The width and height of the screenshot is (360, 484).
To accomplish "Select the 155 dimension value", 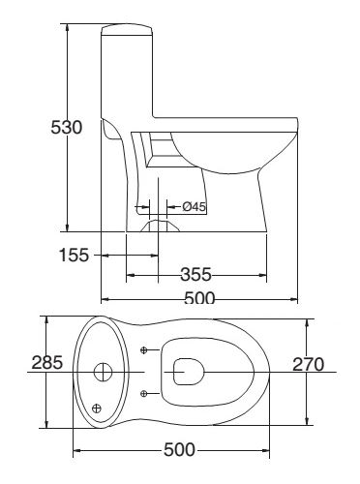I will [x=73, y=255].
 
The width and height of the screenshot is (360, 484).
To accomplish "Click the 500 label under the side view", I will [x=199, y=298].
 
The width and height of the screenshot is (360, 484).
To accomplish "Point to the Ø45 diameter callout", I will [x=194, y=206].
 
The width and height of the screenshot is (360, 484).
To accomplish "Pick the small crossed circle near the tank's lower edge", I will [x=97, y=408].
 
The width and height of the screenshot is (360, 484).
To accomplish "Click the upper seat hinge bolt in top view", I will [x=144, y=348].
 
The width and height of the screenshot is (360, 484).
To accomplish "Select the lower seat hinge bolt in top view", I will [x=144, y=392].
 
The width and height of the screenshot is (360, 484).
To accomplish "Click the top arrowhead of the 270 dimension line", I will [x=308, y=322].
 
